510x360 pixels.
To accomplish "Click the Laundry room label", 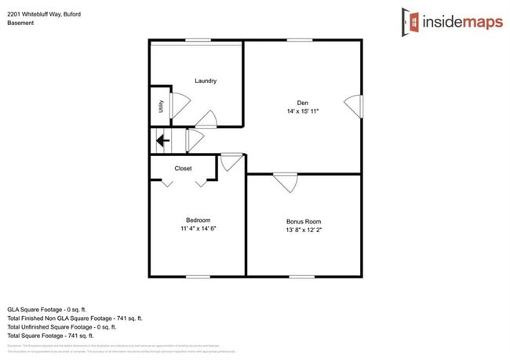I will [x=206, y=81].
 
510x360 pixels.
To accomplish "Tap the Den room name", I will [x=302, y=103].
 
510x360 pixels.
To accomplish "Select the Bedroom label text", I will [x=198, y=220].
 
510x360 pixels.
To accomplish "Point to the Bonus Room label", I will [x=303, y=221].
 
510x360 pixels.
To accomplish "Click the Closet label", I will [x=183, y=168].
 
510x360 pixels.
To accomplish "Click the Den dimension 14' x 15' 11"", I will [x=302, y=112].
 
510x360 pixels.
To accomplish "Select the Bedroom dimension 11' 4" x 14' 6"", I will [x=198, y=229].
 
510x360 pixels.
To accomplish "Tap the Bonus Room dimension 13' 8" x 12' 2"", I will [x=303, y=231].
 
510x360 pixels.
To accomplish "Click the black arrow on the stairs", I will [x=162, y=141].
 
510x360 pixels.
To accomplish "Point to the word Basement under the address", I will [x=20, y=24].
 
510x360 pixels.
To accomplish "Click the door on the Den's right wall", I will [x=355, y=106].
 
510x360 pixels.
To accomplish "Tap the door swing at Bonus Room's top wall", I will [x=286, y=182].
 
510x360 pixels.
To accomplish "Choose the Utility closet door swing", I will [x=178, y=104].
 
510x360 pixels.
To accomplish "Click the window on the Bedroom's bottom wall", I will [x=198, y=276].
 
